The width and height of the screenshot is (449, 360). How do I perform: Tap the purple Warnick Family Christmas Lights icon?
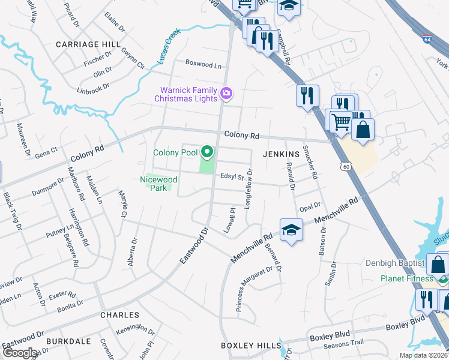pyautogui.click(x=226, y=93)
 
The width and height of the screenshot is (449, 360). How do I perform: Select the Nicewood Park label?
pyautogui.click(x=158, y=183)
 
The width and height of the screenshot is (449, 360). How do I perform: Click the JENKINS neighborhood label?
pyautogui.click(x=281, y=154)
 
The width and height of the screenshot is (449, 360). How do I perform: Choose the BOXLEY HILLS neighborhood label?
pyautogui.click(x=250, y=346)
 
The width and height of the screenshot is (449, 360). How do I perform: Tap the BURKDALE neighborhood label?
pyautogui.click(x=70, y=341)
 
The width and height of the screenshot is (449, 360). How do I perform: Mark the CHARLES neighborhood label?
pyautogui.click(x=119, y=315)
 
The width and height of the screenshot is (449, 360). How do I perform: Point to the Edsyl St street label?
pyautogui.click(x=231, y=177)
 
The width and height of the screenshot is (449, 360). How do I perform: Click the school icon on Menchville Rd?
pyautogui.click(x=291, y=230)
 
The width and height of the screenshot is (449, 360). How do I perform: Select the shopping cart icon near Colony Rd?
pyautogui.click(x=341, y=121)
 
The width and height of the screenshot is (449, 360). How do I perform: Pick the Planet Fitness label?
pyautogui.click(x=406, y=278)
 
